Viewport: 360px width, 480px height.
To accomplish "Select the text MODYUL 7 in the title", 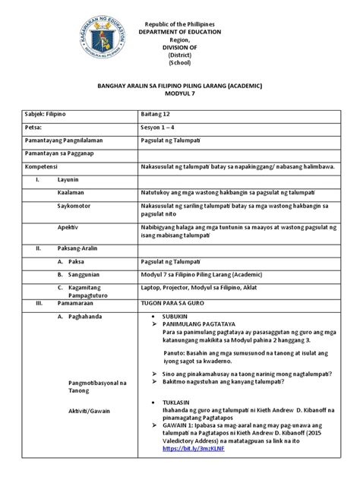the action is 178,98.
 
